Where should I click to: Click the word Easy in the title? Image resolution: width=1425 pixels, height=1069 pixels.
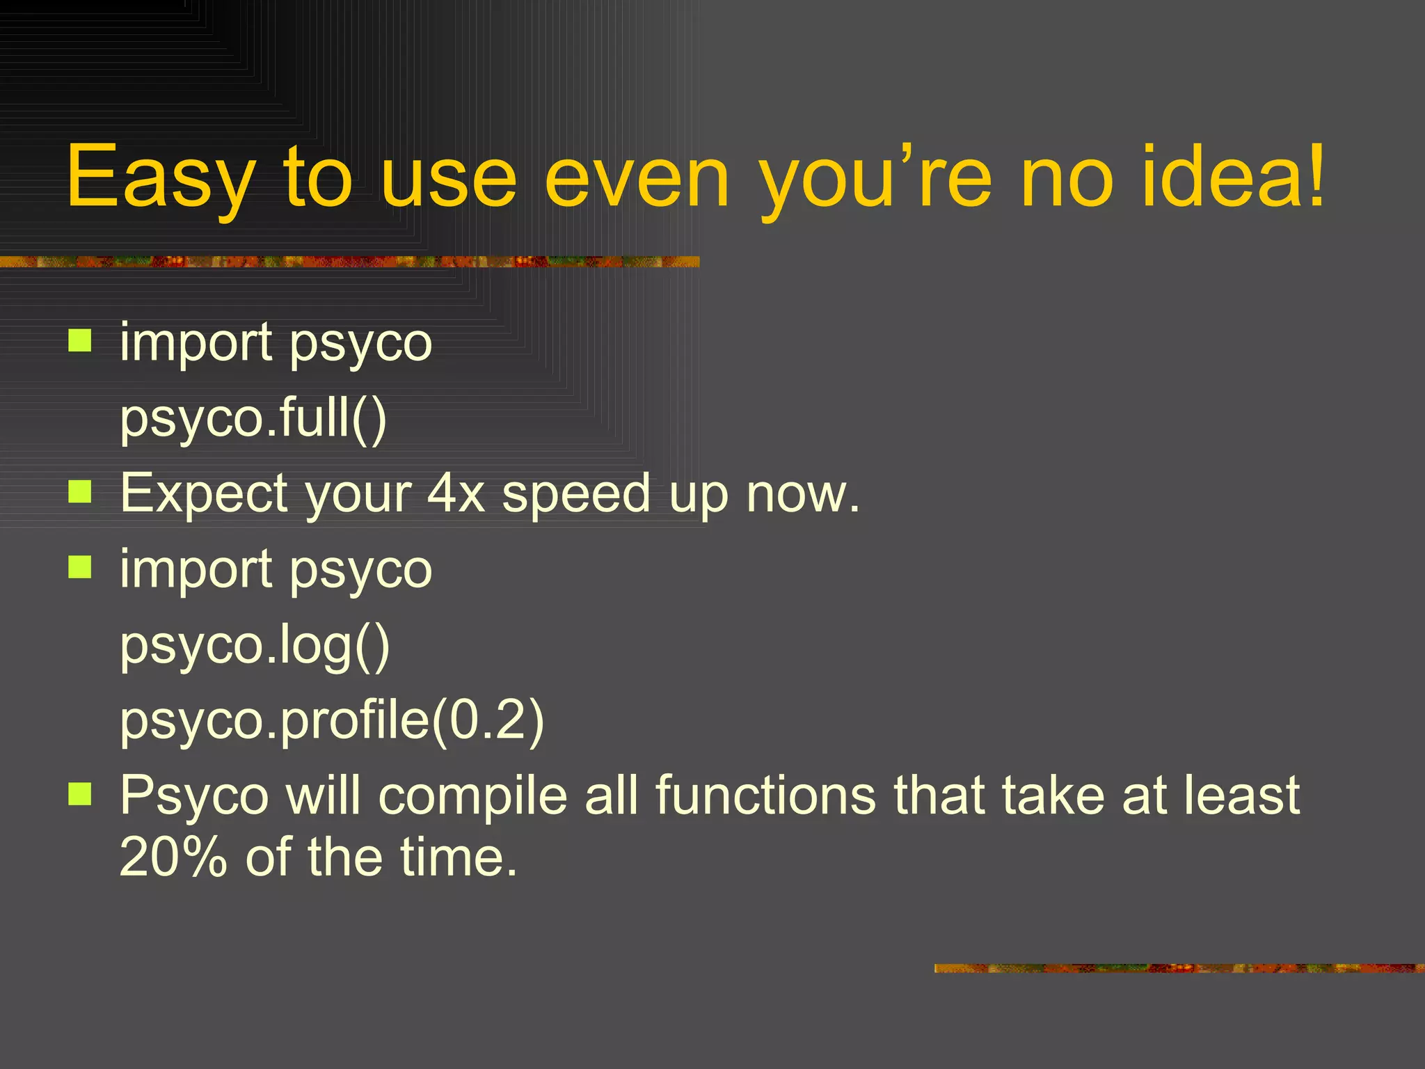(x=161, y=177)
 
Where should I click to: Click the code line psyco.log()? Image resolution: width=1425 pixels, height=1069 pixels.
(x=255, y=646)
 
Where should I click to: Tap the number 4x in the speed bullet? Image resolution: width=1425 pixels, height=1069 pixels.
(x=456, y=493)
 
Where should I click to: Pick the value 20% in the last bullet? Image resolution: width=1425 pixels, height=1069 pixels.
(x=173, y=857)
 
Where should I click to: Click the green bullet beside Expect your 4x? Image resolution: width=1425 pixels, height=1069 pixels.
(x=80, y=493)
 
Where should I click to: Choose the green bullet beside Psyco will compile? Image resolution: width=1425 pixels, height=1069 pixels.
(x=80, y=794)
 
